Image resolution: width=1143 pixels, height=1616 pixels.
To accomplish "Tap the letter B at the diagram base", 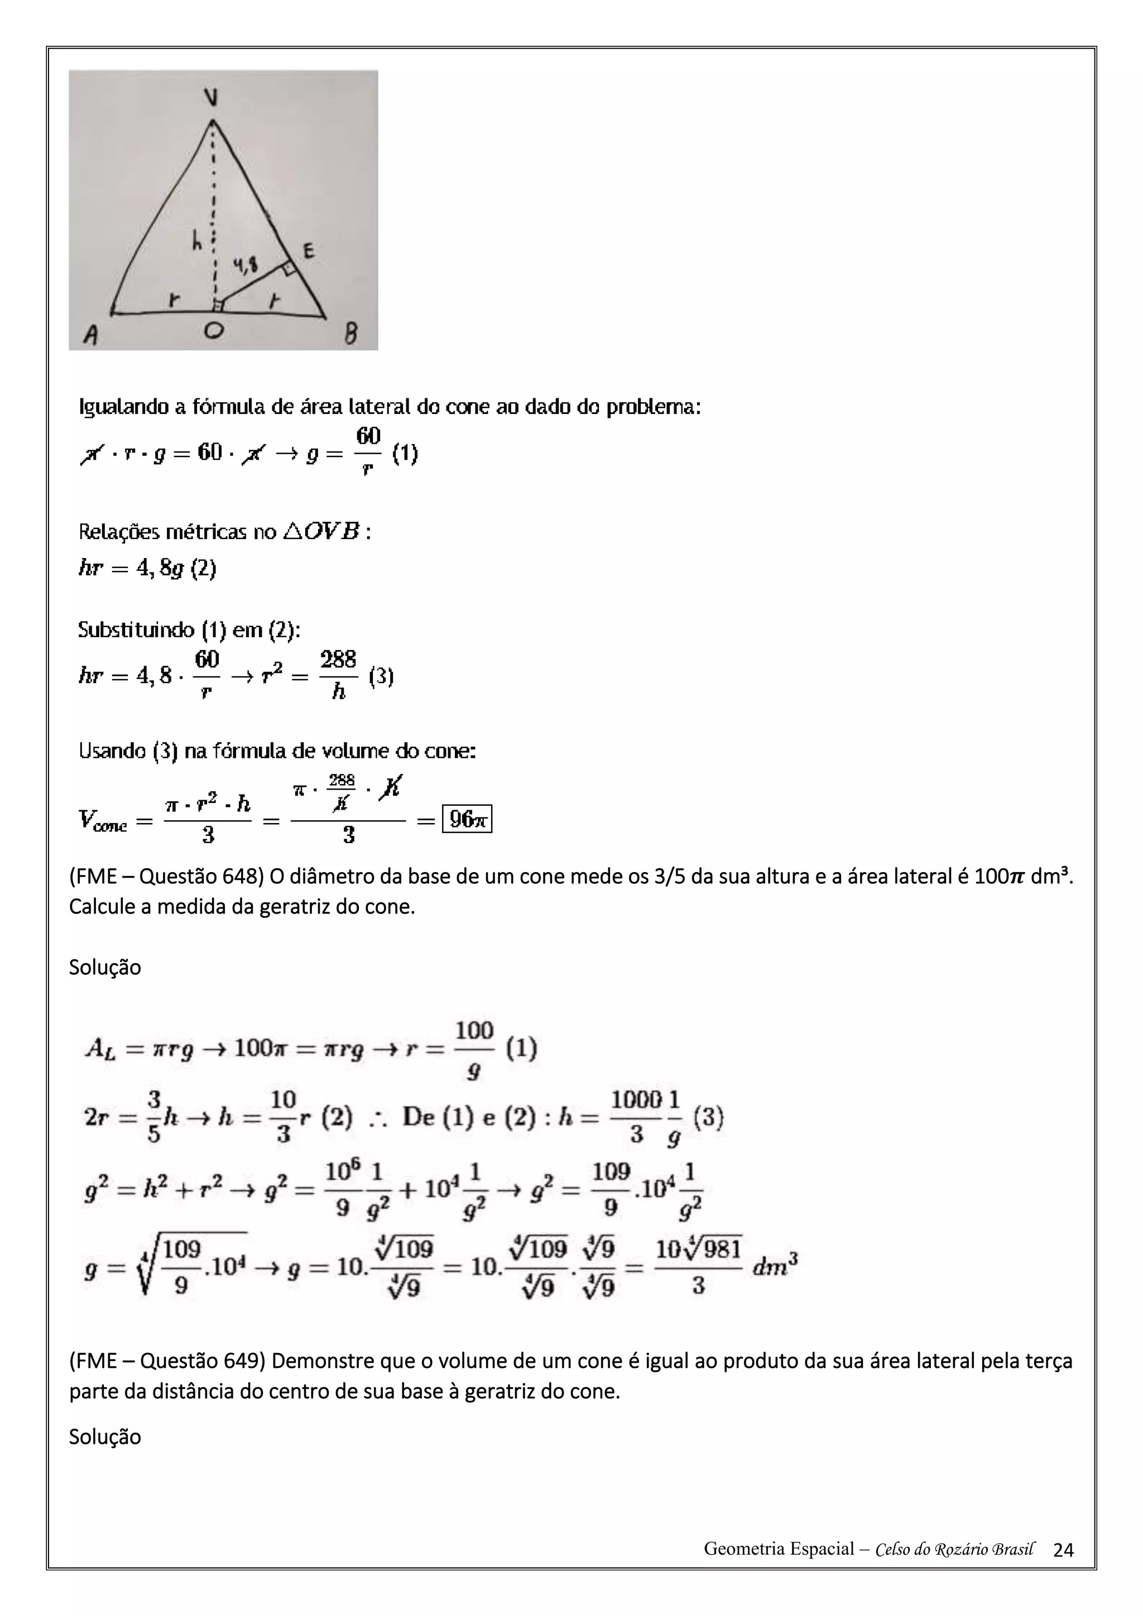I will [350, 334].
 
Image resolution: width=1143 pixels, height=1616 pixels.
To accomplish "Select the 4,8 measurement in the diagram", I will [245, 266].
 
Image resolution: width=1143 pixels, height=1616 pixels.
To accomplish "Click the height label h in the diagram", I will [198, 242].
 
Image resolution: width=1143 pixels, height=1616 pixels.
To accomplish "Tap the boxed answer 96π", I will [467, 819].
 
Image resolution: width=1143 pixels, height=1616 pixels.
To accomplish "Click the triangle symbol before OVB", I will [292, 531].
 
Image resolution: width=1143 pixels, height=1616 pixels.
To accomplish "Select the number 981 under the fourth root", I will [722, 1249].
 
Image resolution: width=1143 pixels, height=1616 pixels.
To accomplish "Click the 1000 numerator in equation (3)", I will [636, 1099].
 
